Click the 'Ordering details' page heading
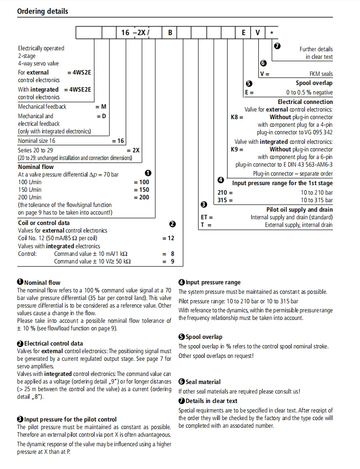(43, 11)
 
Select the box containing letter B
(170, 33)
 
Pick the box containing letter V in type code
(257, 33)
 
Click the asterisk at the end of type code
(271, 33)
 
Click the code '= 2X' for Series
(133, 150)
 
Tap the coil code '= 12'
(168, 238)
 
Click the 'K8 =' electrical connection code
(237, 117)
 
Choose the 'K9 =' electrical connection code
(237, 149)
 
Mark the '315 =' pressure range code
(225, 200)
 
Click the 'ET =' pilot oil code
(207, 217)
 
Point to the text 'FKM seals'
(321, 74)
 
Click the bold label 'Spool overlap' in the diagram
(314, 83)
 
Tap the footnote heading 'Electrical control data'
(53, 343)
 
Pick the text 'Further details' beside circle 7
(316, 49)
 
